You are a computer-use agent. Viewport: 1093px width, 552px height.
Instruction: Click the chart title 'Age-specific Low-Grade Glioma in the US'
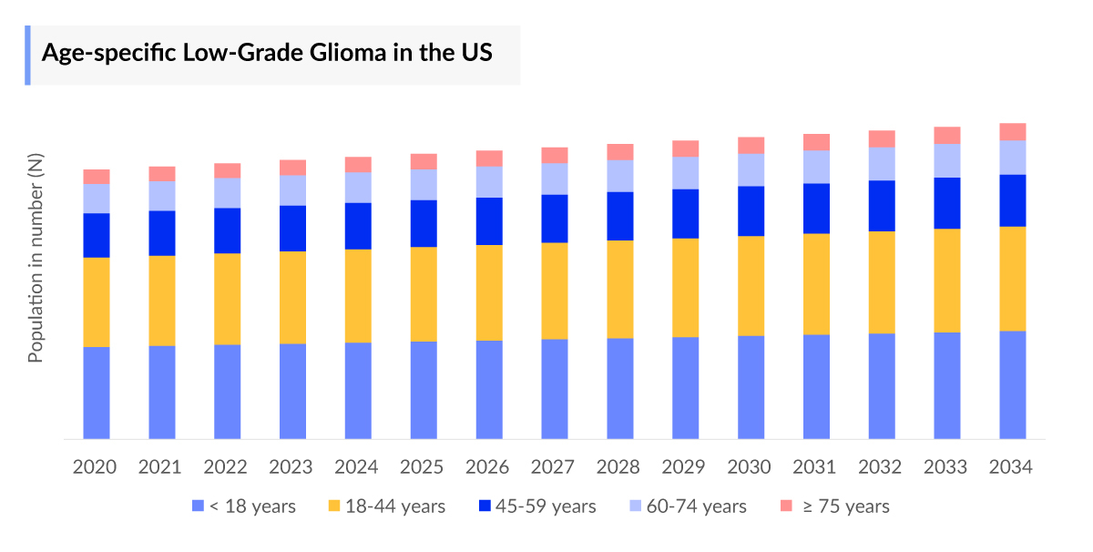(x=267, y=53)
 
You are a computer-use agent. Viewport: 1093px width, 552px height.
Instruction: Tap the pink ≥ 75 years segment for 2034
(x=1013, y=131)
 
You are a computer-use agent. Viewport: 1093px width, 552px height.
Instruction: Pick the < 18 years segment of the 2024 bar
(x=358, y=390)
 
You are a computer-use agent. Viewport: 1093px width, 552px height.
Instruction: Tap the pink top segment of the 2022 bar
(x=228, y=170)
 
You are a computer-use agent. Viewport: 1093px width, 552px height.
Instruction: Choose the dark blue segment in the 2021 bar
(x=162, y=233)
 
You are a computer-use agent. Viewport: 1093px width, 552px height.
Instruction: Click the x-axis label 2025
(x=423, y=467)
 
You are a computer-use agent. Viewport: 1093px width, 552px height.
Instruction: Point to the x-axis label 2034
(x=1011, y=467)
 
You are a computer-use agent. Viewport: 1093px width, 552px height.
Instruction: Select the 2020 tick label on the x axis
(x=95, y=467)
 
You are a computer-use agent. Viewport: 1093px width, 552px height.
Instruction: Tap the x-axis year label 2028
(x=618, y=467)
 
